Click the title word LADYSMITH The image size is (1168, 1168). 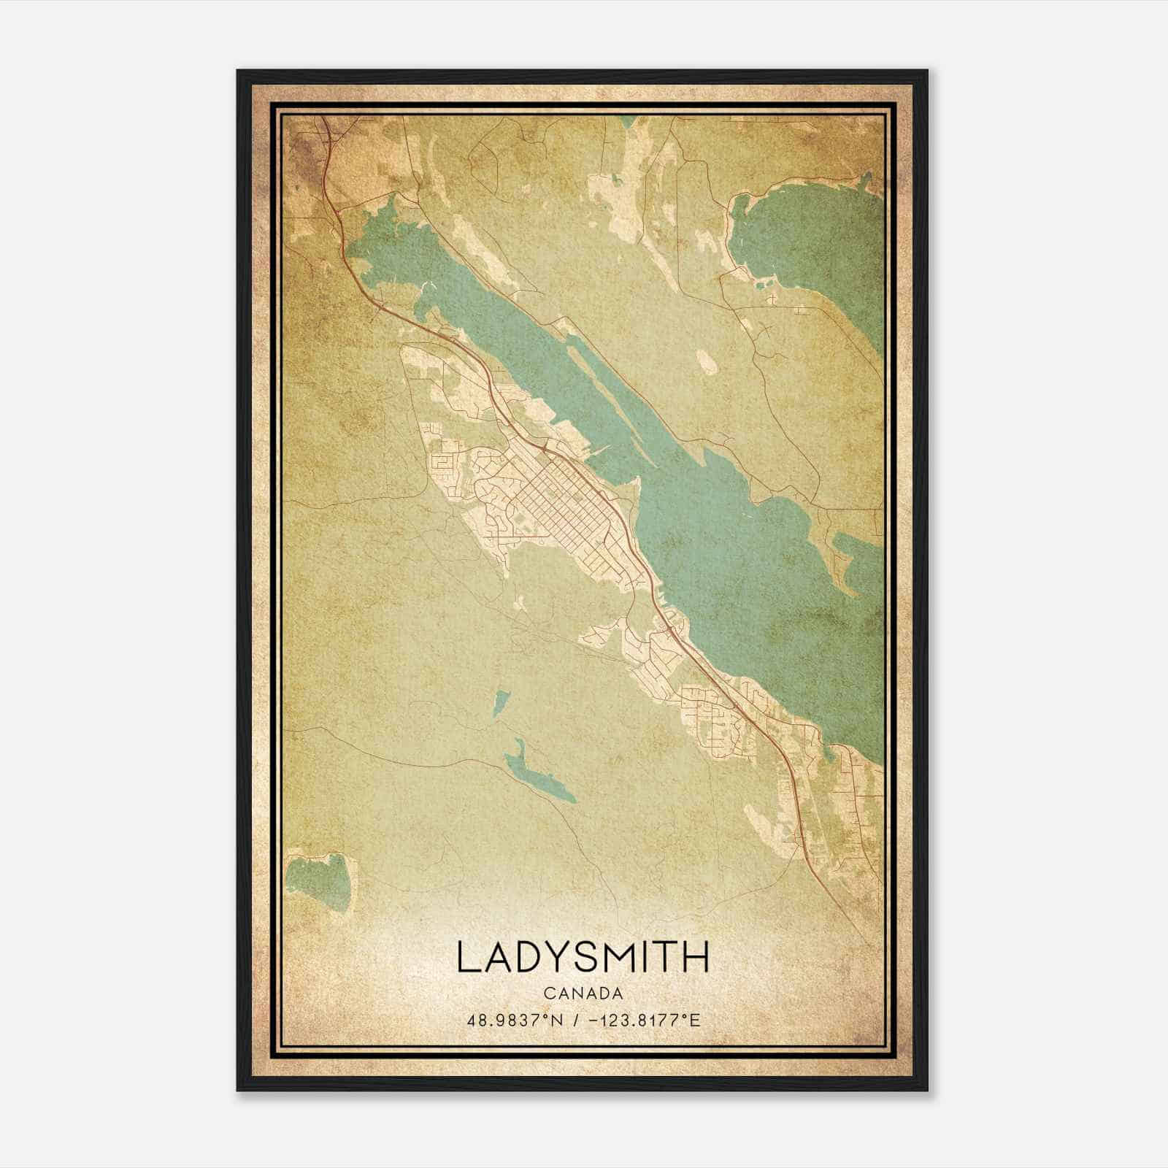pos(583,956)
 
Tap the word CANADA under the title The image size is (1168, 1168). pos(583,994)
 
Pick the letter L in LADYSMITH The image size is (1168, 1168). pos(469,956)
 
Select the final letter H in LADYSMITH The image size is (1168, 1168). pos(696,956)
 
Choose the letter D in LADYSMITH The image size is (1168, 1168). pos(528,956)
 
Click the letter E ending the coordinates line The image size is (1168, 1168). pos(696,1020)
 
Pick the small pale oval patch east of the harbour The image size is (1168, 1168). pos(707,360)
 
